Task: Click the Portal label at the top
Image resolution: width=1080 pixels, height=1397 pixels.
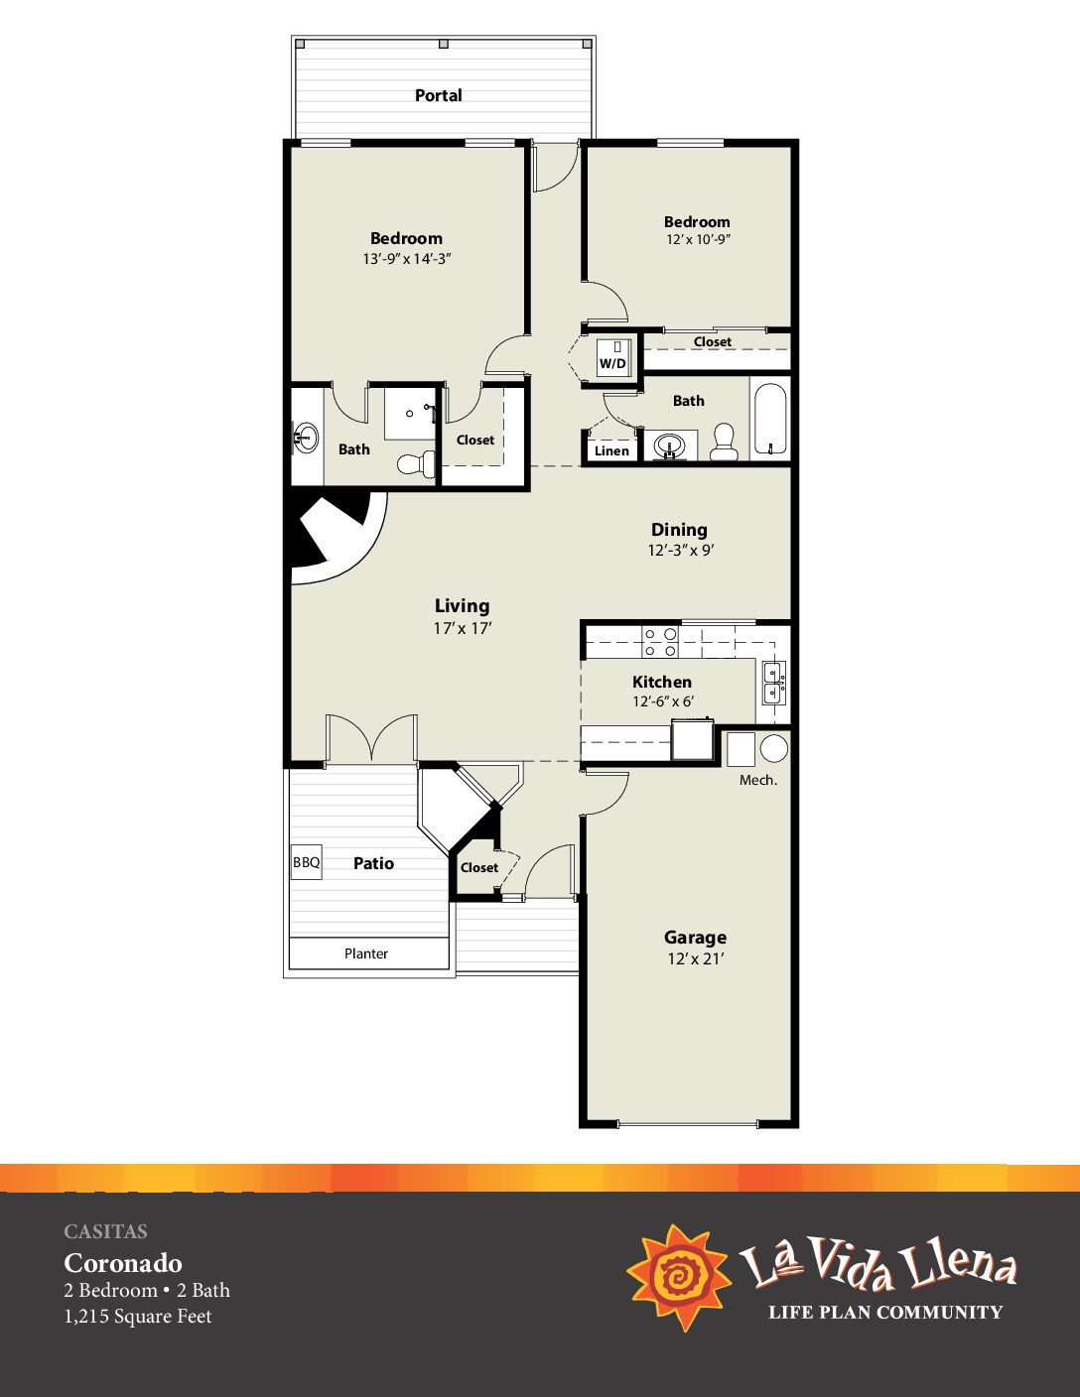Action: pyautogui.click(x=438, y=96)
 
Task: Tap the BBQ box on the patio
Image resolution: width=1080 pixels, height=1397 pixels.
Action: pyautogui.click(x=306, y=862)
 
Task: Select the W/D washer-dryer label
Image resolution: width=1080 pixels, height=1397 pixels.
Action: pyautogui.click(x=612, y=363)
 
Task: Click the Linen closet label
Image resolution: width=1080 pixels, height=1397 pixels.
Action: pyautogui.click(x=611, y=450)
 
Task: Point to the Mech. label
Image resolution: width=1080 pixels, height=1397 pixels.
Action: pyautogui.click(x=757, y=780)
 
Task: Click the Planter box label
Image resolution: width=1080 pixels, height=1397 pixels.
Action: pyautogui.click(x=366, y=953)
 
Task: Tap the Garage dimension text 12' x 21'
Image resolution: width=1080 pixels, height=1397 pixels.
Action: pyautogui.click(x=695, y=958)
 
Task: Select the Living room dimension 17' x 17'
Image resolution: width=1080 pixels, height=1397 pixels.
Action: pyautogui.click(x=463, y=628)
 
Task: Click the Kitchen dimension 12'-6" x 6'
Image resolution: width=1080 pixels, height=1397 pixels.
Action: pyautogui.click(x=663, y=701)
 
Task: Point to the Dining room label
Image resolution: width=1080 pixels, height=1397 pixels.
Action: pyautogui.click(x=679, y=530)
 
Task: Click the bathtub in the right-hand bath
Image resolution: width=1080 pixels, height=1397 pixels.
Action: pyautogui.click(x=769, y=418)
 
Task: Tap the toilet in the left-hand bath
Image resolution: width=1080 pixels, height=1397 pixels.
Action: pyautogui.click(x=414, y=463)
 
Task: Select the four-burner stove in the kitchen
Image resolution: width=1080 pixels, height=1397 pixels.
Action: pyautogui.click(x=661, y=642)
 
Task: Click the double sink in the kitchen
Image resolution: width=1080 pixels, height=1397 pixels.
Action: pyautogui.click(x=773, y=683)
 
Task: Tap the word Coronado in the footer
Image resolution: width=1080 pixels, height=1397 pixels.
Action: pyautogui.click(x=123, y=1263)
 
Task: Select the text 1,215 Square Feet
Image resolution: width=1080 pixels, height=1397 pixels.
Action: pyautogui.click(x=138, y=1316)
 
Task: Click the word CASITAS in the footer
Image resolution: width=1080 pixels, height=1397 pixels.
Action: pyautogui.click(x=105, y=1231)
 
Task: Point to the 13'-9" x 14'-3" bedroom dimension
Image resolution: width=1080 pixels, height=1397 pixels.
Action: pyautogui.click(x=407, y=258)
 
